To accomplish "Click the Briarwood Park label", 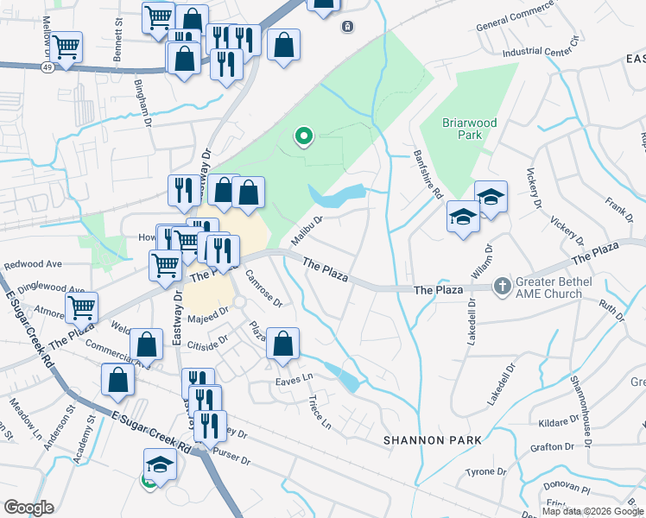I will [x=470, y=129].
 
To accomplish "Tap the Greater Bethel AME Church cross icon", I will [x=502, y=285].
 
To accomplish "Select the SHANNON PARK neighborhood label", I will [x=433, y=440].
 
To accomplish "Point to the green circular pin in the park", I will [x=303, y=136].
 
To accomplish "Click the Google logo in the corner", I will [x=28, y=508].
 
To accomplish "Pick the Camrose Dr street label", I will [x=263, y=288].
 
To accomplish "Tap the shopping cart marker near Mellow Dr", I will [x=66, y=47].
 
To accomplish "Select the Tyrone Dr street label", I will [x=485, y=471].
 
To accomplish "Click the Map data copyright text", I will [x=592, y=511].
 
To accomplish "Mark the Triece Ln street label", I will [x=320, y=413].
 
